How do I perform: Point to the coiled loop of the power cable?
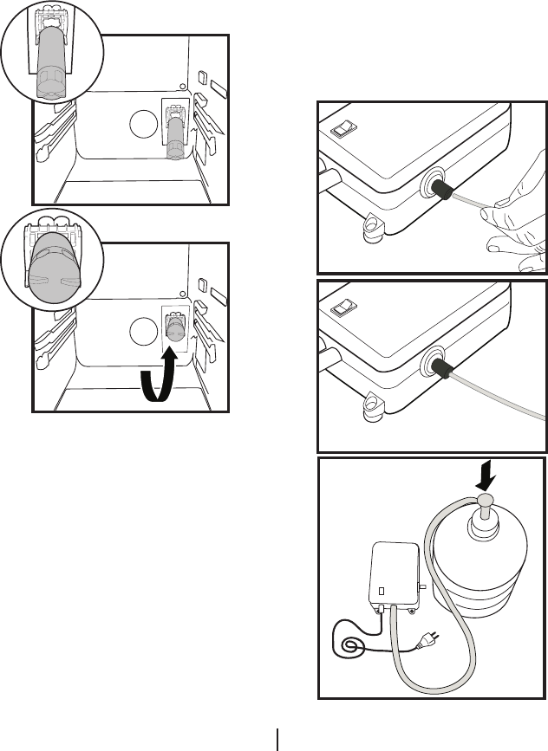coord(354,644)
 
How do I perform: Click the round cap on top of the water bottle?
coord(483,500)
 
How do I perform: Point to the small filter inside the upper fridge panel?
coord(176,139)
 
